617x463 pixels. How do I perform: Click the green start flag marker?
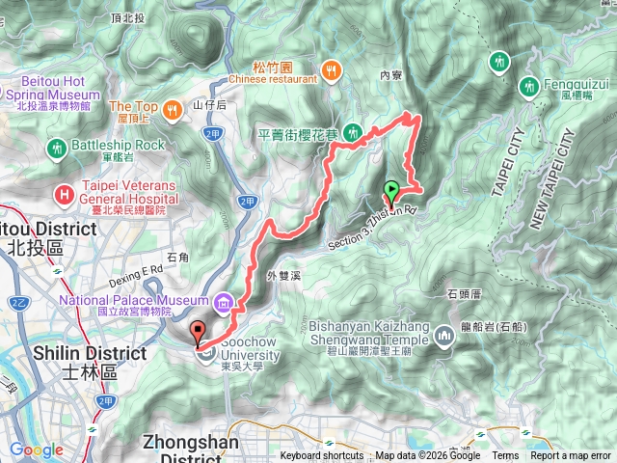click(x=392, y=189)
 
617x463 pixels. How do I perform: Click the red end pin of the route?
click(x=200, y=332)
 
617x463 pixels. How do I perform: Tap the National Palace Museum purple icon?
click(x=224, y=305)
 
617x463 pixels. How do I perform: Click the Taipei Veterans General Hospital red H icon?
click(x=65, y=194)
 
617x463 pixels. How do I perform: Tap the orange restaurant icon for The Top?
click(x=171, y=108)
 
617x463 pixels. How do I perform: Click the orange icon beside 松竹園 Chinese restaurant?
click(x=332, y=68)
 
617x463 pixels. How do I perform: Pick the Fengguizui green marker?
click(x=529, y=87)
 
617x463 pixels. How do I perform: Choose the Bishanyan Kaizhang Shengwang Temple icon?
click(x=444, y=336)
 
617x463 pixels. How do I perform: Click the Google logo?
click(x=37, y=449)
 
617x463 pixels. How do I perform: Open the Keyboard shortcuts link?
click(x=323, y=456)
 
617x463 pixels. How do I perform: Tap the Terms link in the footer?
click(x=505, y=456)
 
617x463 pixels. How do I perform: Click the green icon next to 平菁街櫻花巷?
click(x=354, y=131)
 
